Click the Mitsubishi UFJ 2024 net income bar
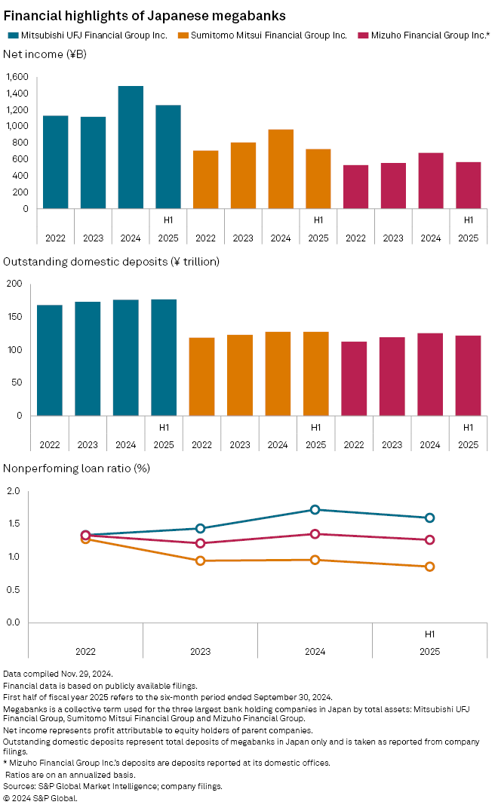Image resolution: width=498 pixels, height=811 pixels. click(131, 147)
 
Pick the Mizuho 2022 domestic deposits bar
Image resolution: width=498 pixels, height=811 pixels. click(354, 379)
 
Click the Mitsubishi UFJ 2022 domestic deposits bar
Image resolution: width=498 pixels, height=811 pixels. click(50, 360)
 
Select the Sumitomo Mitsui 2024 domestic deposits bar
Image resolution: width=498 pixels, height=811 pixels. click(278, 373)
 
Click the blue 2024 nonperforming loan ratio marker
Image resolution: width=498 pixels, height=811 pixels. click(315, 510)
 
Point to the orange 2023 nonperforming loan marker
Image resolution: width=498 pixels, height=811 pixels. click(200, 561)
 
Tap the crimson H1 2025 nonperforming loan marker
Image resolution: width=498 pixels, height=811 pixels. click(429, 539)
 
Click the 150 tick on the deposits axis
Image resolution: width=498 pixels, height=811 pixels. click(14, 317)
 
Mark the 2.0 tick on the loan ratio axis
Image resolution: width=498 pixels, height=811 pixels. click(14, 491)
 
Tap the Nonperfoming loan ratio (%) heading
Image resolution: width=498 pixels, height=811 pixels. click(76, 468)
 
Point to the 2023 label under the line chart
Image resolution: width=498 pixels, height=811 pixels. click(200, 651)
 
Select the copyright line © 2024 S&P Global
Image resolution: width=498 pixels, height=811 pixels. click(40, 797)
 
